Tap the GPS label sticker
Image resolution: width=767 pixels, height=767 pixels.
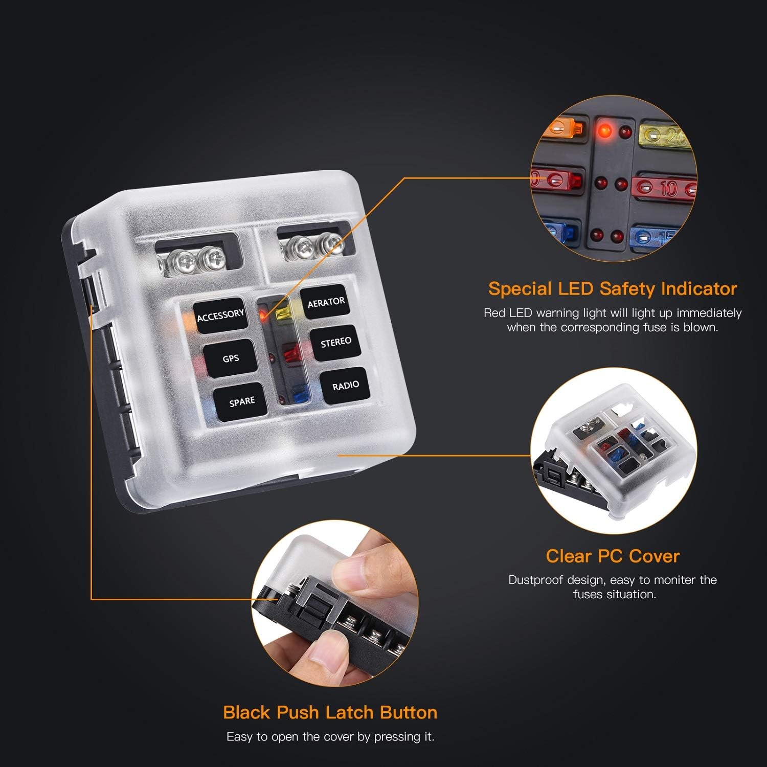click(231, 358)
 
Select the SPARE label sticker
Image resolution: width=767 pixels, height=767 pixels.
click(242, 402)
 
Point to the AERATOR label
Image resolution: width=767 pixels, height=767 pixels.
click(326, 303)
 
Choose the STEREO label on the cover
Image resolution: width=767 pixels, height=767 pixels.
click(336, 342)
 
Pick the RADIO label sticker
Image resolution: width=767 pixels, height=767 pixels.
click(346, 386)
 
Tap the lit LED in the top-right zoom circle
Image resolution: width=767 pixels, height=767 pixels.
click(605, 131)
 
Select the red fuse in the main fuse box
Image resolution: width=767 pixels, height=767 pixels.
click(290, 353)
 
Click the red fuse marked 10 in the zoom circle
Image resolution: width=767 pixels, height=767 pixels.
click(664, 188)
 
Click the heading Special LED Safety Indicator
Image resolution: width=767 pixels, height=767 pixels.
click(612, 289)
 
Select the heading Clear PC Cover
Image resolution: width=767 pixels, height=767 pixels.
click(612, 556)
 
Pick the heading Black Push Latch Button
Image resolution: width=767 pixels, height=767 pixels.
click(330, 712)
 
